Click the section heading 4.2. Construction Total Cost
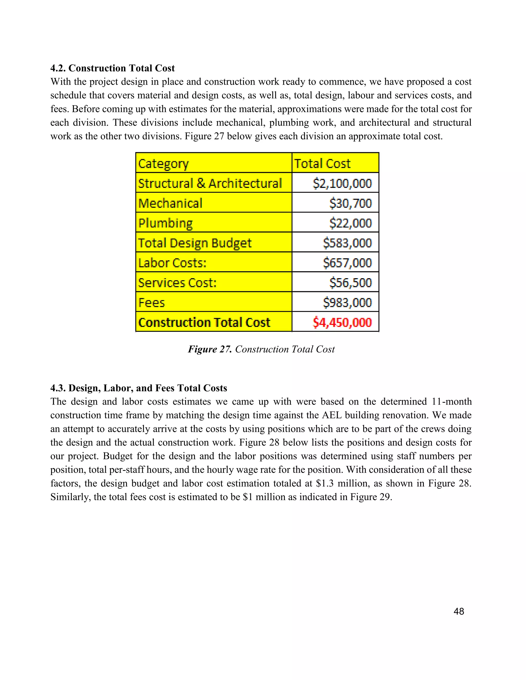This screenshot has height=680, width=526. point(112,68)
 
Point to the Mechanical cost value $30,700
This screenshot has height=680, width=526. point(350,203)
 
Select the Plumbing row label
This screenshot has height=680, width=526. point(165,223)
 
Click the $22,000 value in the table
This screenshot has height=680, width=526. point(350,223)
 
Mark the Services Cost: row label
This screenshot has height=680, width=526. point(177,283)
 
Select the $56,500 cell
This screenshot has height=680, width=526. point(350,283)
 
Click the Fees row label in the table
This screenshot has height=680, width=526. point(152,303)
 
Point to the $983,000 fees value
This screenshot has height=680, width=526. point(347,303)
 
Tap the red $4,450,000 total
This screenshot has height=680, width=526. point(342,323)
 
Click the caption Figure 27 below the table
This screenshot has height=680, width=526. point(261,349)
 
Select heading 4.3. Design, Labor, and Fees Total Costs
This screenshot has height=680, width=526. point(139,388)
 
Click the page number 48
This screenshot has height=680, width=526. point(459,611)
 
